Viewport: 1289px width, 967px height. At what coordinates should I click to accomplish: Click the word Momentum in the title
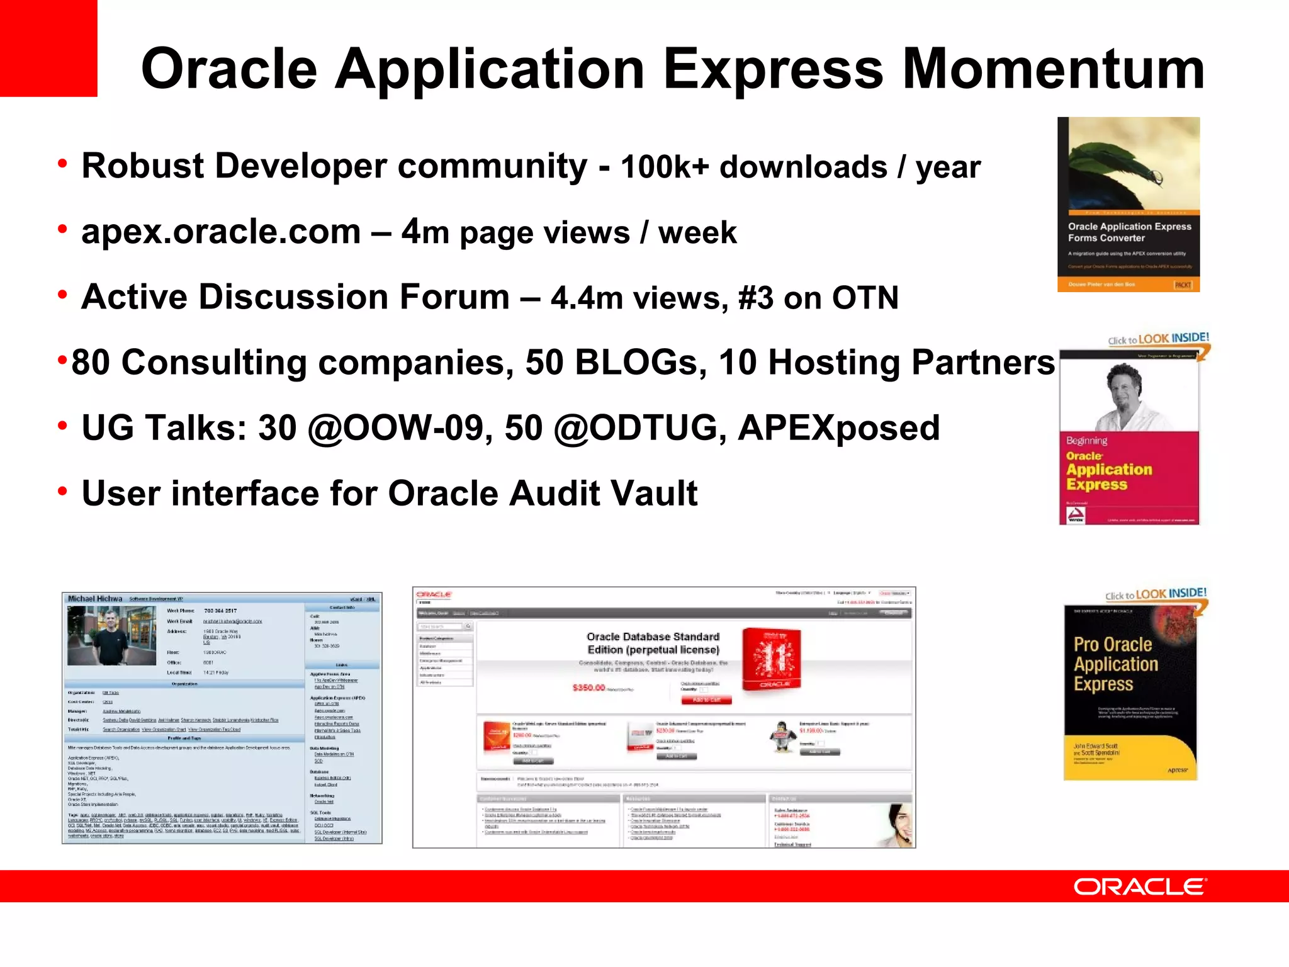[x=1053, y=69]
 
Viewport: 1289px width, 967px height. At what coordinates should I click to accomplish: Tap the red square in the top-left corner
[x=48, y=48]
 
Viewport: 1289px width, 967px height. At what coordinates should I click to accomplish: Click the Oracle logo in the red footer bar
[x=1140, y=887]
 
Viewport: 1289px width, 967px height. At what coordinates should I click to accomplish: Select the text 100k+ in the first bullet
[x=665, y=167]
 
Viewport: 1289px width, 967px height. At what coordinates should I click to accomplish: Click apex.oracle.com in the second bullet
[x=221, y=232]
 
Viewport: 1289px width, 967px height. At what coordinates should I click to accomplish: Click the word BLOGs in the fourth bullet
[x=640, y=363]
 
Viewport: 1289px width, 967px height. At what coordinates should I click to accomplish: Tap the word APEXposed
[x=838, y=428]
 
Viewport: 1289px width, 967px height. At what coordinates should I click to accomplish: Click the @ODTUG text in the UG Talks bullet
[x=636, y=428]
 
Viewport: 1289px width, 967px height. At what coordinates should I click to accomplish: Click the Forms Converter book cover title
[x=1129, y=232]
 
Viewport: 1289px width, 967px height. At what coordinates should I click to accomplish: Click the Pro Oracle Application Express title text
[x=1115, y=664]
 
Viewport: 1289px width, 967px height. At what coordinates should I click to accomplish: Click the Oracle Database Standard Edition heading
[x=653, y=643]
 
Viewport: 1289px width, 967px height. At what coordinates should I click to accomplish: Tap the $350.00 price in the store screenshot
[x=588, y=687]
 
